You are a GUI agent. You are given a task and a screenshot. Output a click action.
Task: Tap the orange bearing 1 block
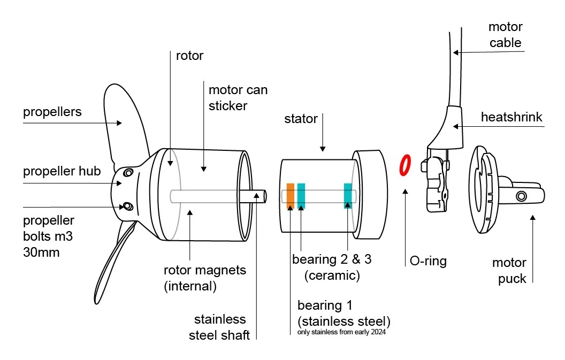(290, 196)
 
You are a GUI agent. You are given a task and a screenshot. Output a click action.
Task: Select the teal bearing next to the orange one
(301, 196)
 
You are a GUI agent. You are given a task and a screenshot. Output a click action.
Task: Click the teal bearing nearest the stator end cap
(348, 196)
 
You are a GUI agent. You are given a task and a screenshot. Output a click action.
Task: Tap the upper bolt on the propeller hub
(128, 173)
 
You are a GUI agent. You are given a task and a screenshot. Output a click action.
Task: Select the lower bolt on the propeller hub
(128, 206)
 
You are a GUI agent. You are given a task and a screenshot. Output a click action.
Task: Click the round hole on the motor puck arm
(521, 196)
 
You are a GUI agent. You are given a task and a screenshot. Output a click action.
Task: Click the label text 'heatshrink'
(511, 117)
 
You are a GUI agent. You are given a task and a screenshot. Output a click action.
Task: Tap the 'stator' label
(301, 119)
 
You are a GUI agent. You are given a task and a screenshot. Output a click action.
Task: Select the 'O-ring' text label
(428, 261)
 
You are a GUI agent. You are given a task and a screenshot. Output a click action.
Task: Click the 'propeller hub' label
(62, 171)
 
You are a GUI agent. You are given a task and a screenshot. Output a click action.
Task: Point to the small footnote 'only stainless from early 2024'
(341, 332)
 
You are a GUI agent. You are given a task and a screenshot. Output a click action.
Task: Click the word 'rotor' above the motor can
(189, 56)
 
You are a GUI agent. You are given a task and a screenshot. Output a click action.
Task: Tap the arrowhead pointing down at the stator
(323, 149)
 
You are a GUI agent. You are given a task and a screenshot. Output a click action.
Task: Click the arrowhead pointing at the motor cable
(456, 52)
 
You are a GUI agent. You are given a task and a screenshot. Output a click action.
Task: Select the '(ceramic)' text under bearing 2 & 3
(332, 275)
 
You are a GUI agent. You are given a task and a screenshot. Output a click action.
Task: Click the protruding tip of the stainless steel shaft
(264, 196)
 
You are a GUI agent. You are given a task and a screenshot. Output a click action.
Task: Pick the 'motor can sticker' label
(238, 98)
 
